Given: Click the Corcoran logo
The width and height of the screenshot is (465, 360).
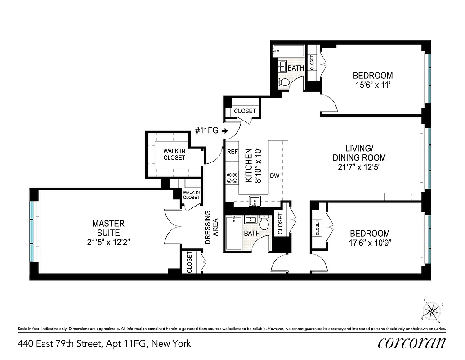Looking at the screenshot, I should click(411, 343).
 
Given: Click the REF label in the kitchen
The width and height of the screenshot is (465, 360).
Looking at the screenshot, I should click(232, 152).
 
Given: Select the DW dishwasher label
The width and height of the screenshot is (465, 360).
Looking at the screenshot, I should click(274, 175).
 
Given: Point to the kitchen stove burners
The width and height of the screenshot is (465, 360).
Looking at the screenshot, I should click(232, 178).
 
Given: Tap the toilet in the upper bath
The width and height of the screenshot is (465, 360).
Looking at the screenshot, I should click(284, 82).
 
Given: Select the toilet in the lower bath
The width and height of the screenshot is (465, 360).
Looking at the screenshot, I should click(265, 222).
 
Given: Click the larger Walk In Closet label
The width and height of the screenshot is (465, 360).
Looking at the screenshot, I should click(174, 154).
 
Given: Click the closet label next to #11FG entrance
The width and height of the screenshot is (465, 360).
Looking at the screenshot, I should click(245, 111).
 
